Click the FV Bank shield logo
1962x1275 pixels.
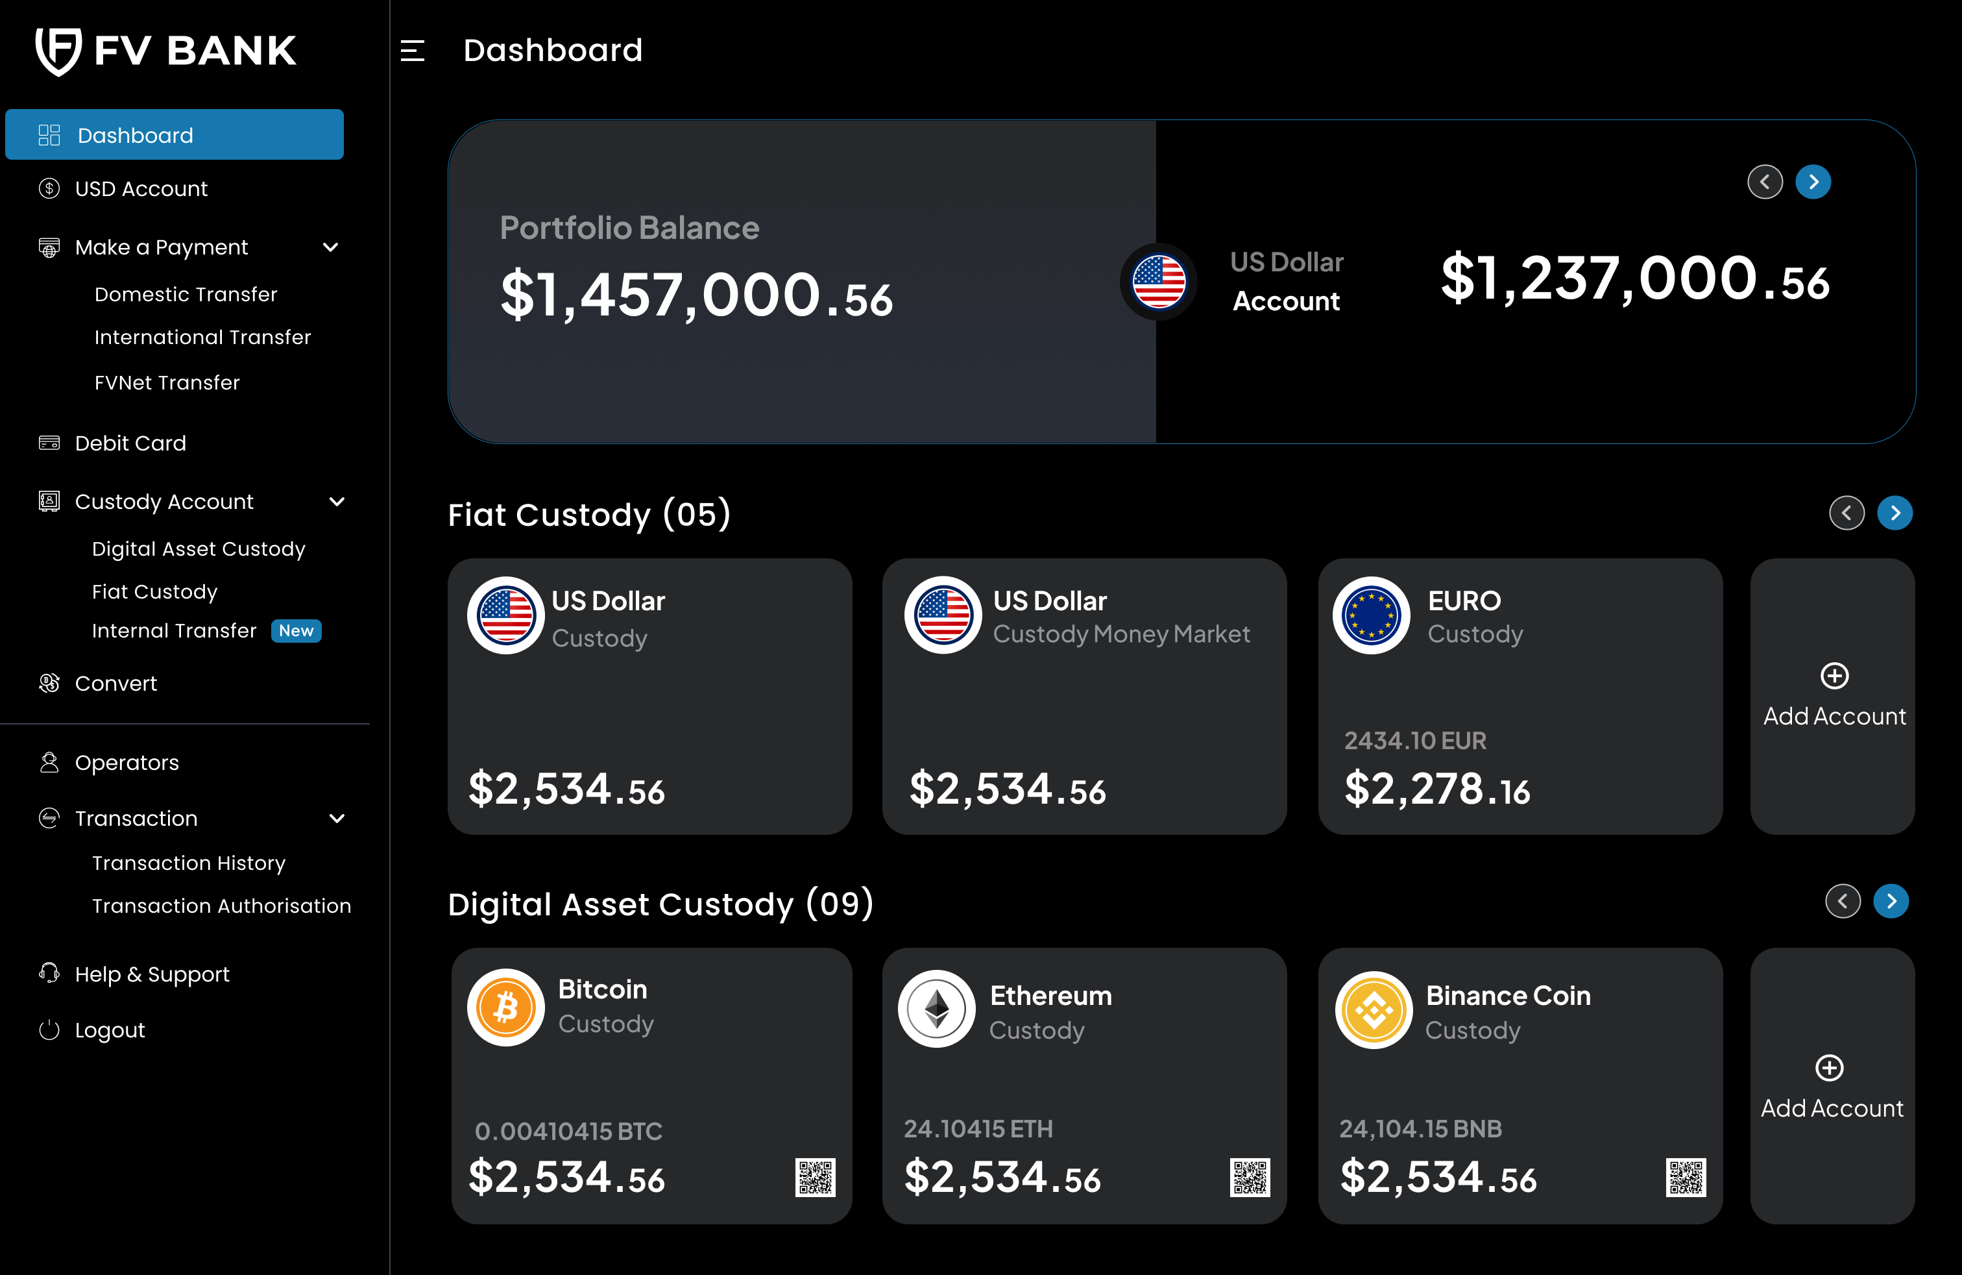[x=58, y=51]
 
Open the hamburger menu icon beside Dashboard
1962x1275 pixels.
[x=412, y=51]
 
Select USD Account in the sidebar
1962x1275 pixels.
[x=141, y=189]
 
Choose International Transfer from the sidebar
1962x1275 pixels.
[x=202, y=338]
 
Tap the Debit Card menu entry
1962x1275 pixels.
[x=130, y=443]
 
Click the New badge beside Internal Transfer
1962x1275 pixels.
[x=296, y=631]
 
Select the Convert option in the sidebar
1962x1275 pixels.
[x=115, y=684]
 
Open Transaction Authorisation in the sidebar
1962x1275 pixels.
[x=221, y=906]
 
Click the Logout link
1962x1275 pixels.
[x=110, y=1030]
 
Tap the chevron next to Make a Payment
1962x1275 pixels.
[x=331, y=247]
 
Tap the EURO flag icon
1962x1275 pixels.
[x=1371, y=615]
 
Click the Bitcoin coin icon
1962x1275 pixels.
[x=506, y=1007]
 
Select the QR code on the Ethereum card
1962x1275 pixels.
[x=1250, y=1177]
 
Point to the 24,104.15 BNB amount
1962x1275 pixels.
[x=1420, y=1128]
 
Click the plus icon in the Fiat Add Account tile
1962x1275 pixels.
[x=1834, y=676]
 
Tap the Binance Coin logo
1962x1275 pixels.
[x=1374, y=1010]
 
